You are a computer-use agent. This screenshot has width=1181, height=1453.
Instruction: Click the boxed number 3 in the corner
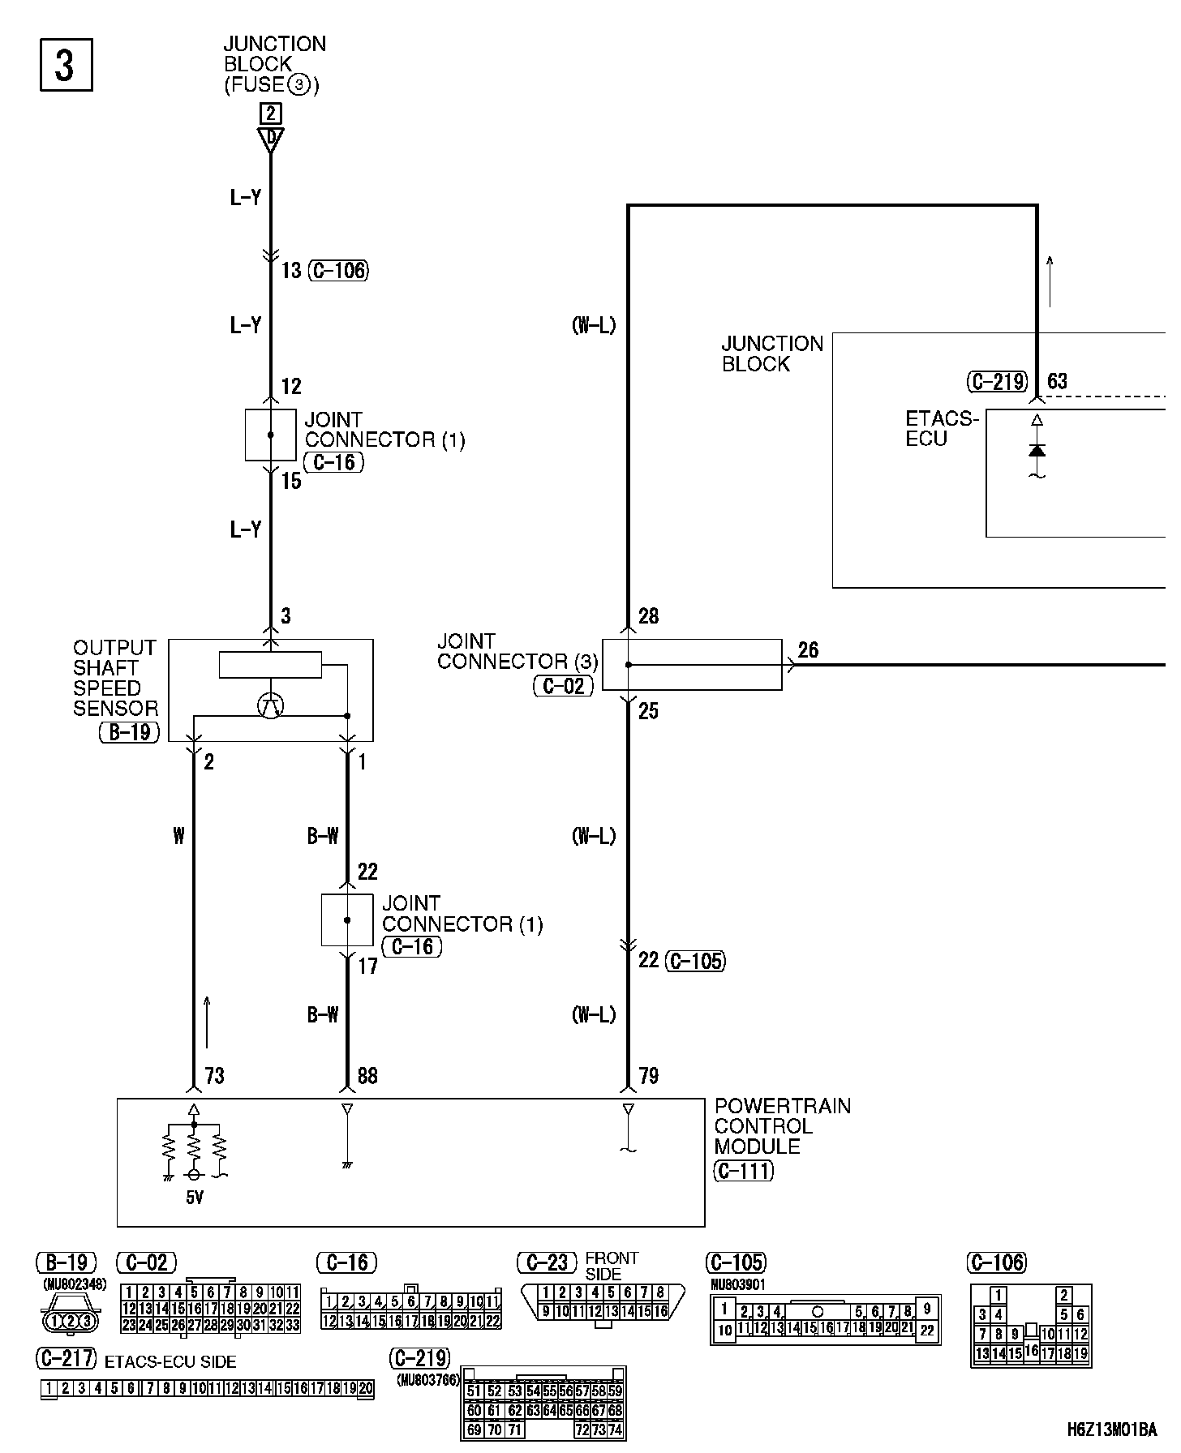click(66, 65)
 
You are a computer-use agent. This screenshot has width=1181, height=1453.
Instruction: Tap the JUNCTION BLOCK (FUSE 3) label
click(273, 65)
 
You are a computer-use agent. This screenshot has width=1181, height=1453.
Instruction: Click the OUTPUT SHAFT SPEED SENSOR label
click(114, 678)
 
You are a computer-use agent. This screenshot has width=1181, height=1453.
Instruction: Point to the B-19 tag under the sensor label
click(130, 732)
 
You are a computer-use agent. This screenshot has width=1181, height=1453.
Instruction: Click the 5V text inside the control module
click(195, 1197)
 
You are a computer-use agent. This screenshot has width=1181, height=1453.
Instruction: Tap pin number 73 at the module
click(214, 1076)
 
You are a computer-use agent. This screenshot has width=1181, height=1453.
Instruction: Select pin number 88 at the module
click(367, 1076)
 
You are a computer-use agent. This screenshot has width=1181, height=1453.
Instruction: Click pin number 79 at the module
click(648, 1076)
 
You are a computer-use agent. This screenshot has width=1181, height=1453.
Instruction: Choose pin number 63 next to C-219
click(1057, 381)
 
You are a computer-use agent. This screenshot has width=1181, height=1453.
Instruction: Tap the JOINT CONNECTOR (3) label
click(517, 652)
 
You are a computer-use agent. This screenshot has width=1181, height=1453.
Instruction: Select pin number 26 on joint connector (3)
click(808, 650)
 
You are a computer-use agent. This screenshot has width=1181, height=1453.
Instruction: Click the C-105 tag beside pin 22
click(695, 961)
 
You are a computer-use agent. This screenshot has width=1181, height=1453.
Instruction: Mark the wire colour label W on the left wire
click(178, 836)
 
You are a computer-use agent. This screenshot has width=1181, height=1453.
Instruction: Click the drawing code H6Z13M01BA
click(1111, 1430)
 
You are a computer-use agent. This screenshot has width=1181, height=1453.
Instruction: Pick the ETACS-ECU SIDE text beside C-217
click(170, 1362)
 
